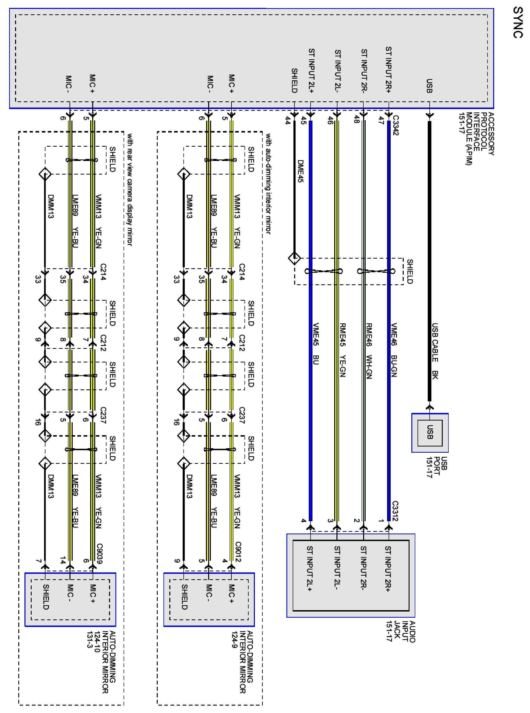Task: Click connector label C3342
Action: pyautogui.click(x=395, y=125)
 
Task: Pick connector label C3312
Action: pyautogui.click(x=395, y=511)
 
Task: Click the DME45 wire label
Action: pyautogui.click(x=300, y=171)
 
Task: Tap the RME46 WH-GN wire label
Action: pyautogui.click(x=368, y=351)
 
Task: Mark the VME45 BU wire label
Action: pyautogui.click(x=316, y=343)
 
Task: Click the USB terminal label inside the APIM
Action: pyautogui.click(x=429, y=86)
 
